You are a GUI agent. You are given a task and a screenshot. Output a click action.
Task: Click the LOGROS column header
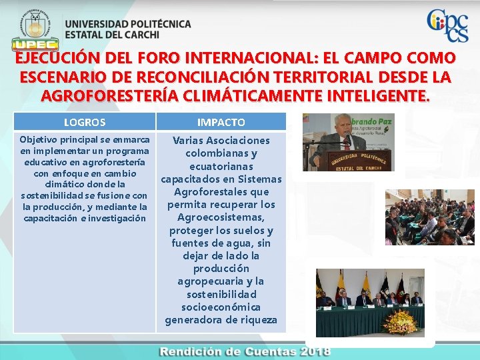(84, 122)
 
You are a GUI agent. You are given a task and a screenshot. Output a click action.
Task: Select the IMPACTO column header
(221, 122)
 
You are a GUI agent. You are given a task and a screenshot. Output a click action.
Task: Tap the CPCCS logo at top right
(447, 27)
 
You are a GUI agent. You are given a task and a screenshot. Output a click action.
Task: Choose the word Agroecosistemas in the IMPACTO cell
(221, 217)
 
